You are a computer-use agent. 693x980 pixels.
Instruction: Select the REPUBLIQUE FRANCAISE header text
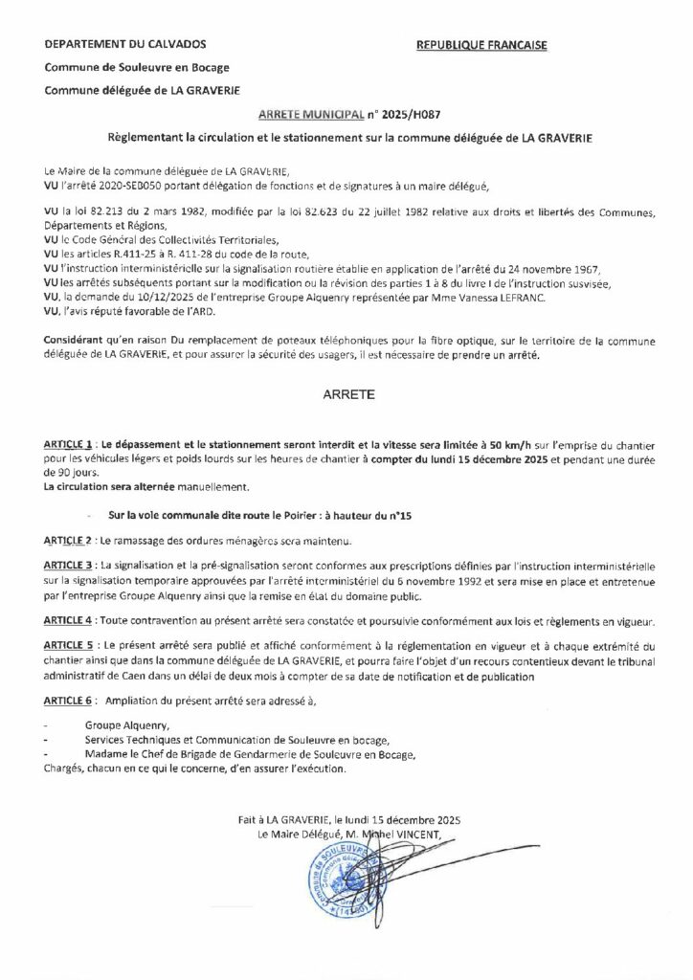pyautogui.click(x=474, y=45)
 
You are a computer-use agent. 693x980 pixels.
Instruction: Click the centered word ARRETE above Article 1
pyautogui.click(x=347, y=391)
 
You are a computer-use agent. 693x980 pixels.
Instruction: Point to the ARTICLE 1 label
pyautogui.click(x=67, y=446)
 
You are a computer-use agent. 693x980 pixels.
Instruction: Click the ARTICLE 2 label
pyautogui.click(x=67, y=540)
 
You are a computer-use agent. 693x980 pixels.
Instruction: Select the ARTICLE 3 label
pyautogui.click(x=67, y=568)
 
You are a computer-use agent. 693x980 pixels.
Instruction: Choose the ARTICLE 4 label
pyautogui.click(x=67, y=621)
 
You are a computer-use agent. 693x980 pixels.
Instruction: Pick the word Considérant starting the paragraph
pyautogui.click(x=78, y=342)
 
